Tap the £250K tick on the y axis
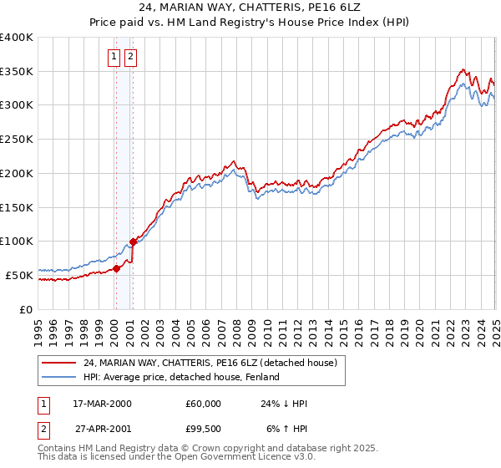coord(17,139)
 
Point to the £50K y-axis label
coord(19,274)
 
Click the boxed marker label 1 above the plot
coord(114,57)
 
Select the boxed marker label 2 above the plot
coord(132,57)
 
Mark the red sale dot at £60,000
coord(117,268)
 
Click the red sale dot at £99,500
coord(134,242)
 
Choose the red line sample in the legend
coord(59,363)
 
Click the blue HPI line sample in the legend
coord(59,377)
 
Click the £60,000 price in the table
coord(204,404)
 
